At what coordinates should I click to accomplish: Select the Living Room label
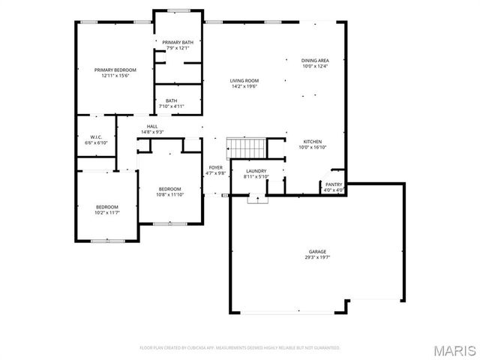point(244,80)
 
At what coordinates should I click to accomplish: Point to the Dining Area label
point(315,60)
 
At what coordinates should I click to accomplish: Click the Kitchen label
point(312,142)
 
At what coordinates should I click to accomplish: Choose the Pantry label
point(334,184)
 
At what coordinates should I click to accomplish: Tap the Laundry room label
point(256,171)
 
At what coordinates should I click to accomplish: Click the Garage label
point(317,251)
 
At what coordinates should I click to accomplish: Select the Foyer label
point(216,167)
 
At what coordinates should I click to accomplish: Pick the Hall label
point(151,126)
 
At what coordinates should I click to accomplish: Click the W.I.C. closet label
point(96,136)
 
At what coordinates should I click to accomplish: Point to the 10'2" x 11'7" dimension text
point(107,212)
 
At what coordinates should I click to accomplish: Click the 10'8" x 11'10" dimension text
point(170,194)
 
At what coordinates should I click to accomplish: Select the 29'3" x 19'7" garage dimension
point(317,257)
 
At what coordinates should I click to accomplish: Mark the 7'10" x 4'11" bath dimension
point(172,106)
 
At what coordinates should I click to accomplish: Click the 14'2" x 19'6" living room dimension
point(244,86)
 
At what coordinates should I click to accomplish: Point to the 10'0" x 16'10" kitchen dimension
point(312,148)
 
